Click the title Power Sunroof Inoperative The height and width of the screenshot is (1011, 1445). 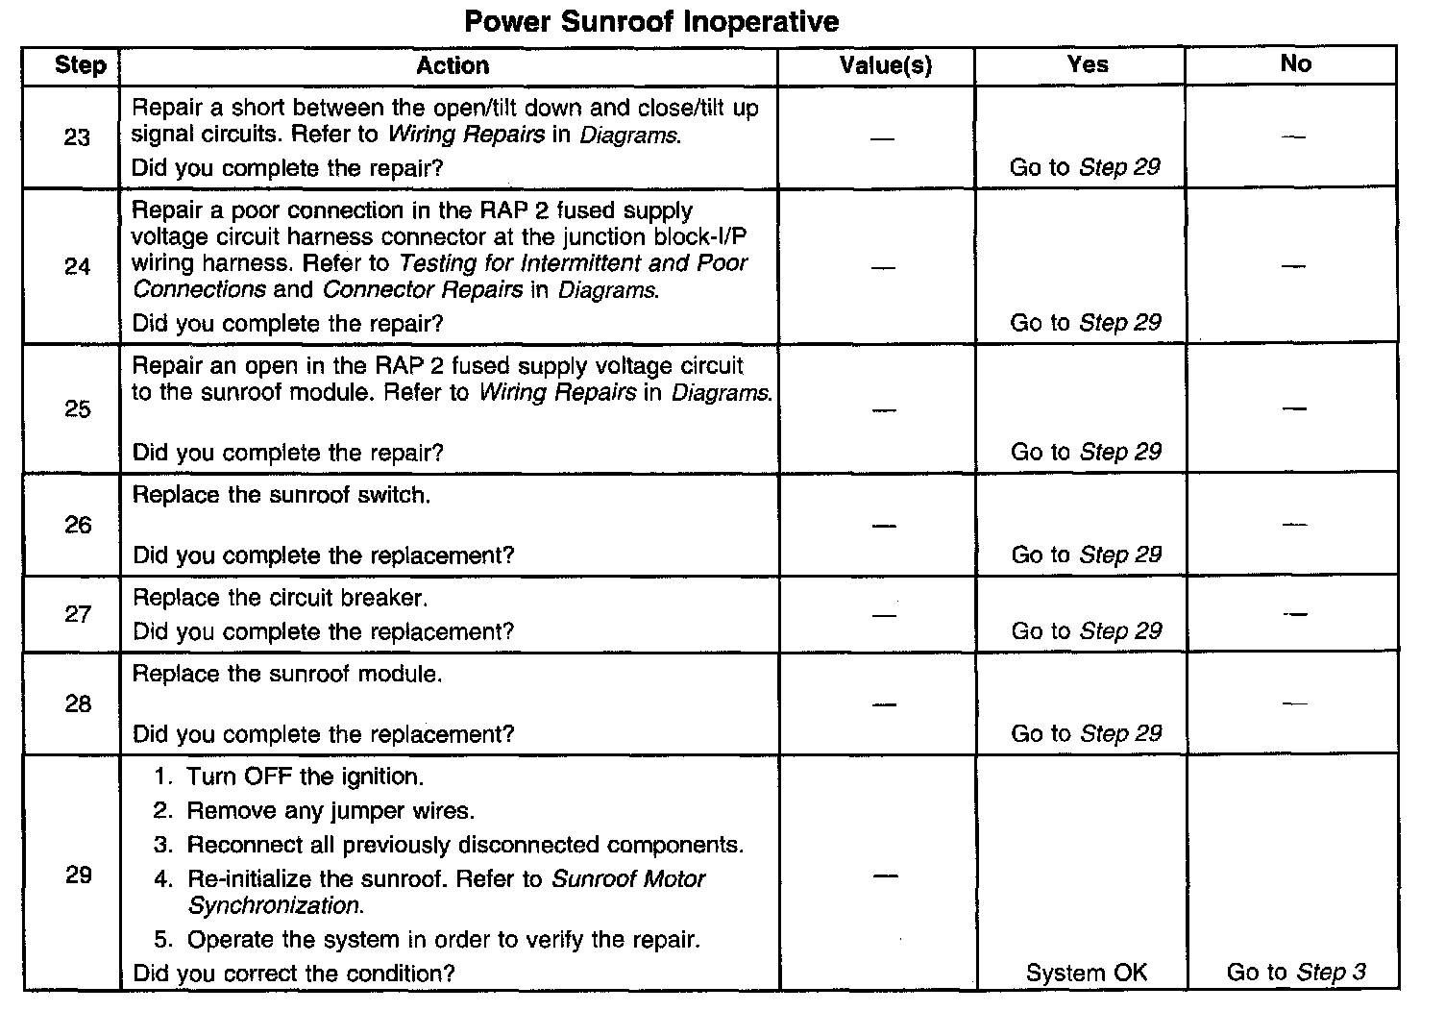[651, 21]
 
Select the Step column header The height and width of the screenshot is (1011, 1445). [80, 65]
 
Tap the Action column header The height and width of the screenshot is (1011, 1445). [453, 65]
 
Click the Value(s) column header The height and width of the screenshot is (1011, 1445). [885, 65]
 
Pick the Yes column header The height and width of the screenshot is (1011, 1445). [1087, 64]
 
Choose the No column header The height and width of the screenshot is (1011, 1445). [1295, 63]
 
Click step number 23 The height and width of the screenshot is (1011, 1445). [77, 137]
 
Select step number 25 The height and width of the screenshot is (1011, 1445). [77, 409]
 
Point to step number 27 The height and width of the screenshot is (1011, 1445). [77, 614]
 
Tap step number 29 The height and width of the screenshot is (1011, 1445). [78, 875]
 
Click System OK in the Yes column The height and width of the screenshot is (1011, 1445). [1086, 973]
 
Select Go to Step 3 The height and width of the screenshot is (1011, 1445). [1296, 972]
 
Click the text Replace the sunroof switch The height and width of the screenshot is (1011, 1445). [282, 495]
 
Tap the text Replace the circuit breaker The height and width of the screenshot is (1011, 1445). [280, 598]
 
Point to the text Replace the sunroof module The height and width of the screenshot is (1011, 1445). [287, 674]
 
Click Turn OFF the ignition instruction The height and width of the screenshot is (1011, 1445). [305, 777]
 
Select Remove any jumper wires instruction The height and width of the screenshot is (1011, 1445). [331, 811]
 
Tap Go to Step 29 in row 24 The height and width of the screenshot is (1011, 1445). [1086, 322]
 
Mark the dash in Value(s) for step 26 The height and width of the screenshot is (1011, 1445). [884, 526]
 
